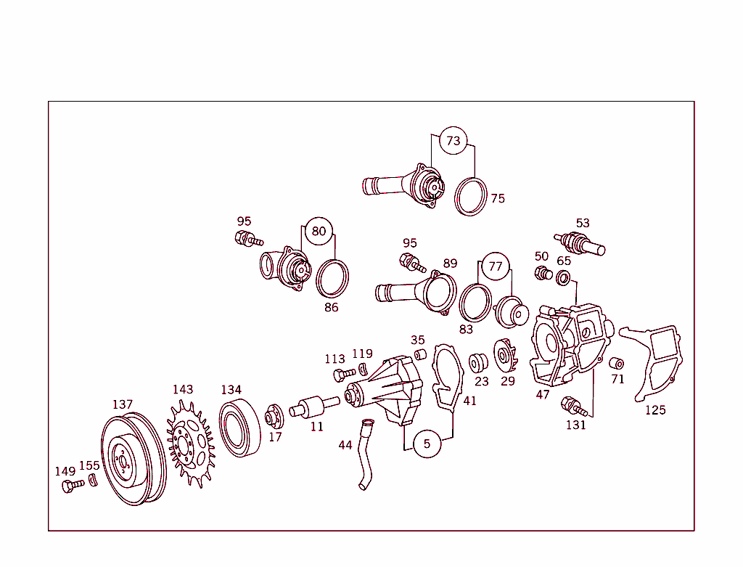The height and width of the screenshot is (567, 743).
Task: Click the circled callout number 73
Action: coord(453,141)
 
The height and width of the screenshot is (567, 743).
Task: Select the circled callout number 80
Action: coord(319,232)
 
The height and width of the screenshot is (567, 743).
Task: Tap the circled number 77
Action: coord(495,266)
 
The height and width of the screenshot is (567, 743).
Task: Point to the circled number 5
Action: coord(427,444)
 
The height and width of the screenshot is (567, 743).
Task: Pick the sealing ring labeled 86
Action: coord(332,277)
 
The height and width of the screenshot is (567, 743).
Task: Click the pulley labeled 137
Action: coord(131,459)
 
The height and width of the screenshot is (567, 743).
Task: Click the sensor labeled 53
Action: coord(580,242)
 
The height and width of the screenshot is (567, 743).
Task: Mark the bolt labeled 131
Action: coord(573,407)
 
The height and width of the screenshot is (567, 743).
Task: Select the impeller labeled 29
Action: coord(504,357)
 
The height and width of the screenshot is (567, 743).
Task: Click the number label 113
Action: coord(334,359)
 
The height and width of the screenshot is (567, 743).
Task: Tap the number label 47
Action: coord(543,395)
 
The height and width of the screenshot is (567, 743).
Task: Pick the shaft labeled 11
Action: coord(313,405)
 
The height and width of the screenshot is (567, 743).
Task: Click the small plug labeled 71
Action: coord(616,363)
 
